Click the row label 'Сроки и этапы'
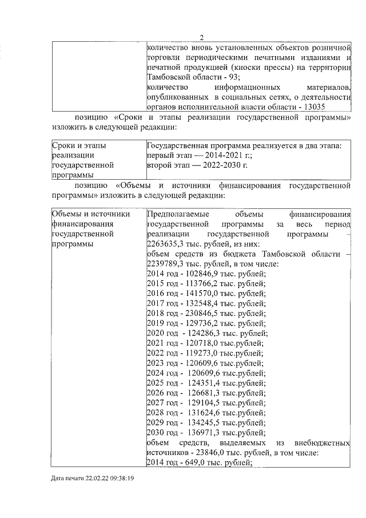point(79,145)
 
